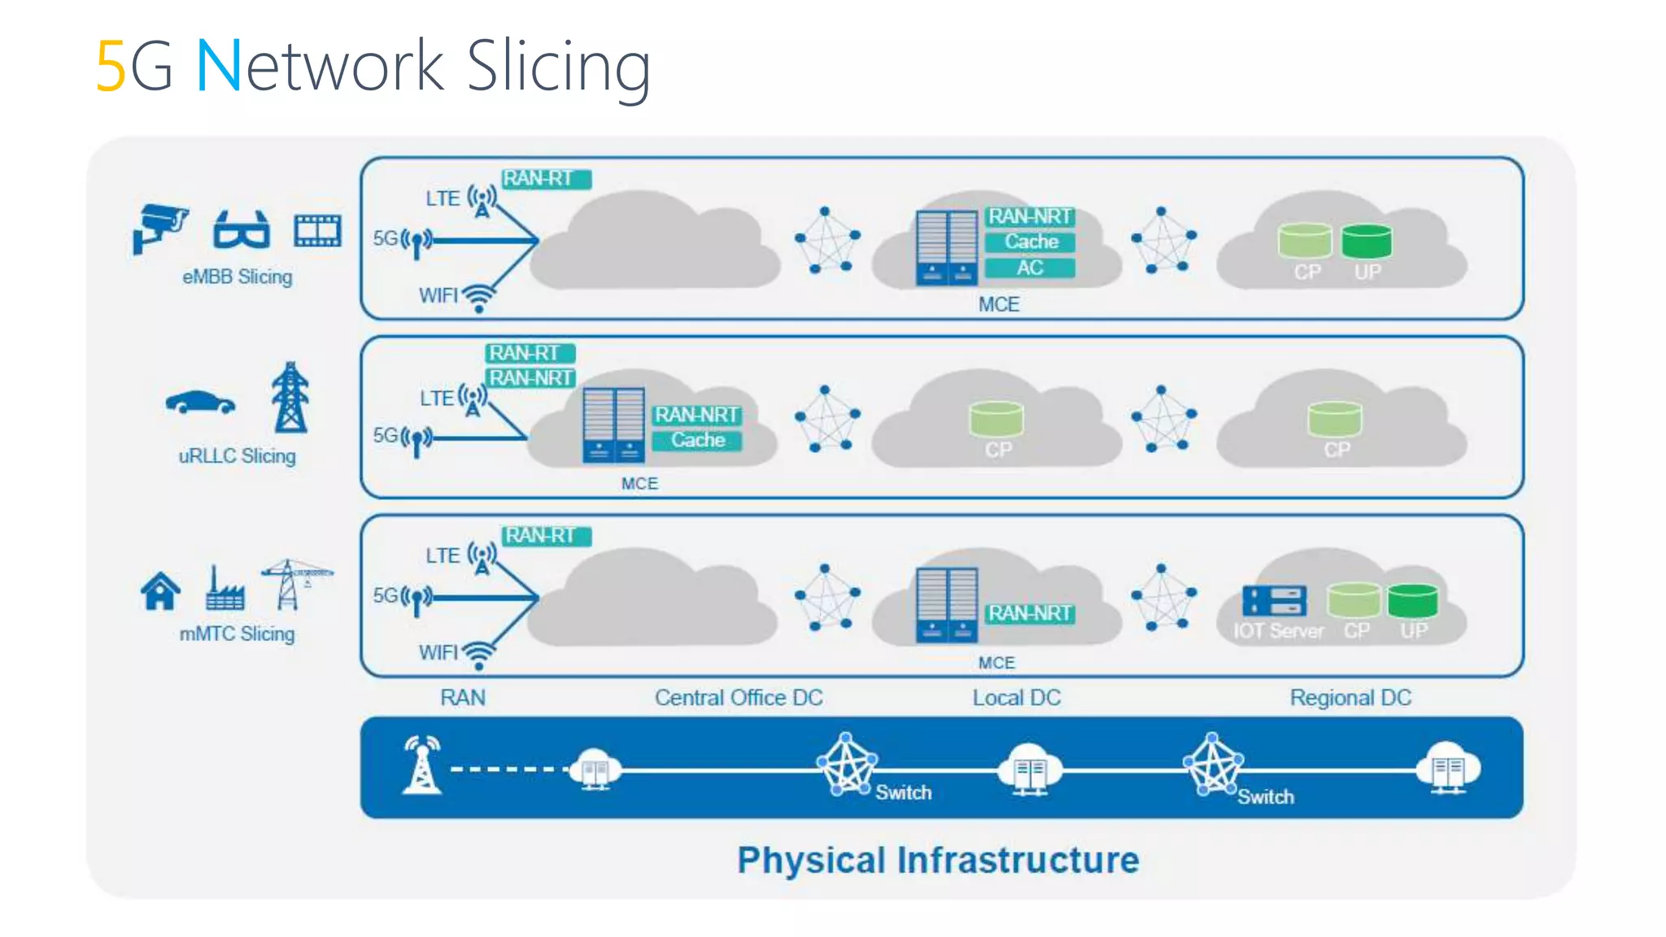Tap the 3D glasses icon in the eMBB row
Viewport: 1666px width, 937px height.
pos(241,229)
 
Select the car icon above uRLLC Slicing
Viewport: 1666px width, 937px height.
pos(200,403)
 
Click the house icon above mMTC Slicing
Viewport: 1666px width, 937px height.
pos(160,591)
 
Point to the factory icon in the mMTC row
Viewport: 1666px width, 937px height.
pos(224,589)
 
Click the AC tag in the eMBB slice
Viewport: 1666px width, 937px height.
pos(1029,268)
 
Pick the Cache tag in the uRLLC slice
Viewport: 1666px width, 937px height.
pos(697,440)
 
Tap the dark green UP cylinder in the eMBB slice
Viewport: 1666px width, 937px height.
pos(1366,242)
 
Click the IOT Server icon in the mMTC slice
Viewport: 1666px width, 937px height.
pos(1274,601)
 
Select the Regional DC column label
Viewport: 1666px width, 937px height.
pos(1350,697)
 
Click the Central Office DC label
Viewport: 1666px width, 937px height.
pos(739,697)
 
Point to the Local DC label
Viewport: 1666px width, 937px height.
pos(1016,697)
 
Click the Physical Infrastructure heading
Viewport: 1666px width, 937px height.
pos(937,860)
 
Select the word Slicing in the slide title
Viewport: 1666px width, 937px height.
pos(558,66)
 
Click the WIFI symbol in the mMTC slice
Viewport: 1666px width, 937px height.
pos(479,655)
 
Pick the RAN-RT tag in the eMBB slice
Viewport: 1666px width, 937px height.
pos(546,178)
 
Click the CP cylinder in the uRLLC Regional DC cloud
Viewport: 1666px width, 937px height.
pos(1334,419)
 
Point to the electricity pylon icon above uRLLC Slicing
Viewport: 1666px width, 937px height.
pos(290,398)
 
